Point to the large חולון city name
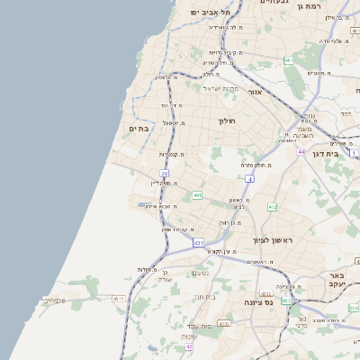225,120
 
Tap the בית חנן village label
206,296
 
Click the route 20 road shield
165,173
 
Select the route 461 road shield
289,61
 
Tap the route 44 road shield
302,151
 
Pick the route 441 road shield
196,195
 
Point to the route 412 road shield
273,208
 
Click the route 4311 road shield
119,298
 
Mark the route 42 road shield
189,346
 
